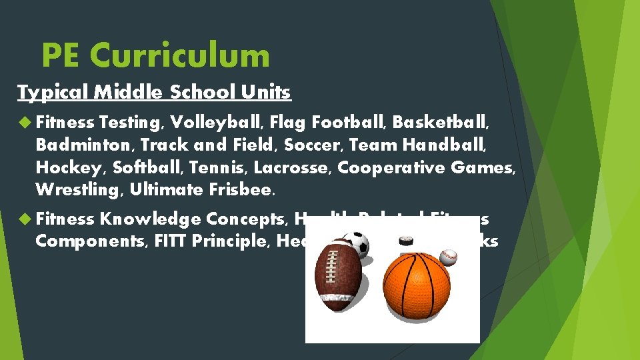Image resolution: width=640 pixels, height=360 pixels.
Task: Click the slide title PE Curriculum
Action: pyautogui.click(x=155, y=55)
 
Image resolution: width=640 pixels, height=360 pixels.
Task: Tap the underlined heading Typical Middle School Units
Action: pyautogui.click(x=154, y=92)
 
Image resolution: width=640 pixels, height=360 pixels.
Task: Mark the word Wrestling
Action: pyautogui.click(x=79, y=190)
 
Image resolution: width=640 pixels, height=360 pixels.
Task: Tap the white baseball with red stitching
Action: pyautogui.click(x=449, y=256)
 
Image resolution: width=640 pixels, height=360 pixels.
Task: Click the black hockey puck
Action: pyautogui.click(x=407, y=241)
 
